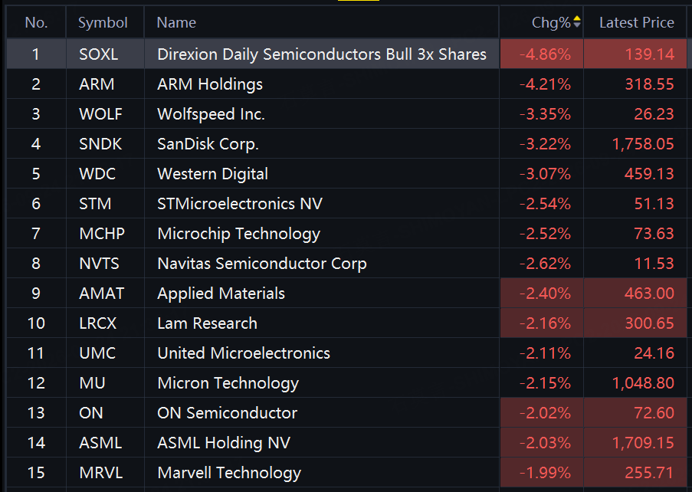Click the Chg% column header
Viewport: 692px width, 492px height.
[551, 22]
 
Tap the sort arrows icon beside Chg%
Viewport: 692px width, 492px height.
[576, 21]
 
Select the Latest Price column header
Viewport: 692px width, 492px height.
[636, 22]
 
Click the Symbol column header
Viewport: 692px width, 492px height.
[103, 23]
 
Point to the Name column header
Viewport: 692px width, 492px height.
[176, 22]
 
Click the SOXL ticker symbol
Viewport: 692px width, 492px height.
[98, 54]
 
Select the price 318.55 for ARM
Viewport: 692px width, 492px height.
[649, 84]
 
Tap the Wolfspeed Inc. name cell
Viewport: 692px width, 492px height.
[211, 114]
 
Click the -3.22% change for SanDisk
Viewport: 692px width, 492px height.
[545, 144]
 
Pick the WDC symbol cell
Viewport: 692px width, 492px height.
[97, 174]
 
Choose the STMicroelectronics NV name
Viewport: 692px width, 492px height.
[240, 204]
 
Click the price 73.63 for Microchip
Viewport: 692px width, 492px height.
[654, 234]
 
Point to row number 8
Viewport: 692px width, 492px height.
[36, 264]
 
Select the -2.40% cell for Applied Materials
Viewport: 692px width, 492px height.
[545, 294]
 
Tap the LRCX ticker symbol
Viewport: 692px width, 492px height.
[97, 323]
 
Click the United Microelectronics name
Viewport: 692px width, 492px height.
[244, 353]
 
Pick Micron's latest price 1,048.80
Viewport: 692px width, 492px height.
[643, 383]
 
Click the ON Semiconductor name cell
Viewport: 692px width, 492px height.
[228, 413]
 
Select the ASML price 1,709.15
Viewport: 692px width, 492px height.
[643, 443]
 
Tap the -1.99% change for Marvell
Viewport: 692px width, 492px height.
[545, 473]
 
